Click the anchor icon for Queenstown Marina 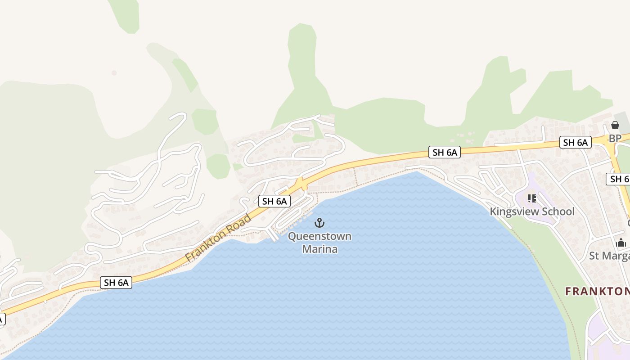(x=319, y=222)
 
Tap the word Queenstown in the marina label (x=319, y=236)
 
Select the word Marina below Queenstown (x=319, y=249)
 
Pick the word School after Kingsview (x=558, y=211)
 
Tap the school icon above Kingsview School (x=532, y=198)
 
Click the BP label (x=615, y=138)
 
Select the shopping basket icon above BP (x=615, y=125)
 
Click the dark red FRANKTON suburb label (x=597, y=292)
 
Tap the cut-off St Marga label (x=609, y=256)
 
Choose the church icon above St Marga (x=621, y=243)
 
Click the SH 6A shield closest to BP (x=575, y=143)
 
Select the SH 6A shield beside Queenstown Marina (x=274, y=201)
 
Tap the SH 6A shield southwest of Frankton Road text (x=116, y=283)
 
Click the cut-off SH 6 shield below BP (x=619, y=179)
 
